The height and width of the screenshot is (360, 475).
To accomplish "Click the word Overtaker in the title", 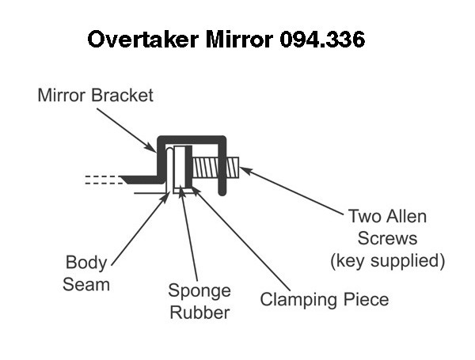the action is click(143, 39).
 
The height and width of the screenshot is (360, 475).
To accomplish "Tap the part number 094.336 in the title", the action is click(322, 39).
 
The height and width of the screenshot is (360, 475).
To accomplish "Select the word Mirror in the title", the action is click(239, 39).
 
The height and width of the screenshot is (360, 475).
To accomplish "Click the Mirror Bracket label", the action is click(96, 95).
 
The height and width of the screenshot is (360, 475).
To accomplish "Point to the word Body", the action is click(86, 262).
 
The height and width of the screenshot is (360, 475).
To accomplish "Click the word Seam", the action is click(86, 285).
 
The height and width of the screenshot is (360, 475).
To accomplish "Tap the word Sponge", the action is click(199, 291).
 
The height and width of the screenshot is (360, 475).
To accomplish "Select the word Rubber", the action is click(199, 313).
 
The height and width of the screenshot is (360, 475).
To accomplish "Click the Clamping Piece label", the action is click(325, 300).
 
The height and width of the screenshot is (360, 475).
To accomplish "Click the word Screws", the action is click(387, 238).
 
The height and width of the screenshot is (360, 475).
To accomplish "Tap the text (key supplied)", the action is click(388, 260).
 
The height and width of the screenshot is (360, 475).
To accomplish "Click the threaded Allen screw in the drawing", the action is click(215, 168).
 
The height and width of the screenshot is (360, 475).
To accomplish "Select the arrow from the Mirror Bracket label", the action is click(127, 131).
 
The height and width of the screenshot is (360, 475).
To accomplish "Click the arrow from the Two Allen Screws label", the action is click(291, 191).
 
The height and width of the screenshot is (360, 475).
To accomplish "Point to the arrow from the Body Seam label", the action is click(141, 229).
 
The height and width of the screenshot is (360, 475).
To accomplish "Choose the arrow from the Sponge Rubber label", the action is click(188, 234).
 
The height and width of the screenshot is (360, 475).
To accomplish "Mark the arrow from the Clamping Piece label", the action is click(240, 238).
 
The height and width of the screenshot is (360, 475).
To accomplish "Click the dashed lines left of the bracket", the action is click(103, 180).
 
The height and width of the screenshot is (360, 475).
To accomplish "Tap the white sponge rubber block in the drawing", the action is click(180, 169).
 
